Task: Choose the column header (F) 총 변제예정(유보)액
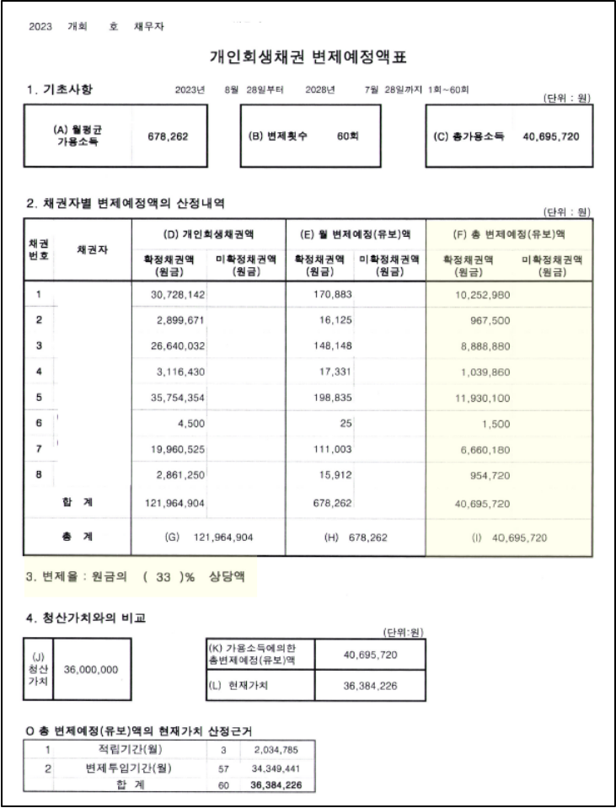(x=509, y=233)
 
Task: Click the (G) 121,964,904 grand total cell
(x=206, y=537)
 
